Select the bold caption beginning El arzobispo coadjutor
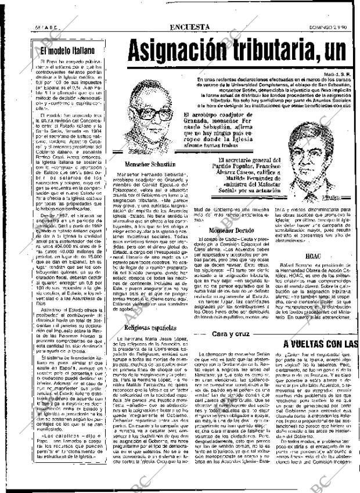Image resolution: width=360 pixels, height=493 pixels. coord(218,127)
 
